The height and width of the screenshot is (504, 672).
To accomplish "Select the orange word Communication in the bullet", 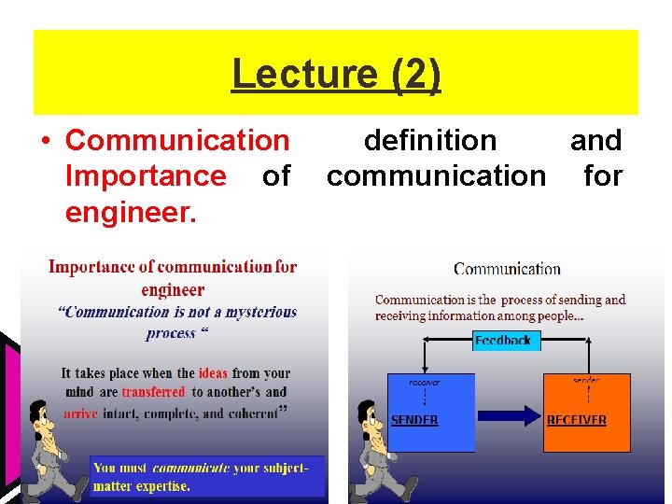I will [x=177, y=140].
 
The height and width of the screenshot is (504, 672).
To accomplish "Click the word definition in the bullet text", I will [x=430, y=140].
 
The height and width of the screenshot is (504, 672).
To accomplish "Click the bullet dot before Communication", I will [x=45, y=141].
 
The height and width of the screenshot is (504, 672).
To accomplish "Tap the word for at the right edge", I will [x=603, y=175].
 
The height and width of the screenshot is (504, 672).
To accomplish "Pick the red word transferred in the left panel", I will [x=154, y=392].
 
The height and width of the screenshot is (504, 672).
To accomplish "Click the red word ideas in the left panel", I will [x=213, y=373].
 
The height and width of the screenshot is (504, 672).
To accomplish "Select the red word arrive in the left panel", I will [x=80, y=413].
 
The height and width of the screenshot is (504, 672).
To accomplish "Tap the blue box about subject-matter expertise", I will [x=207, y=476].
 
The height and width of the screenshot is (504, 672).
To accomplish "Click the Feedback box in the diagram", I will [x=502, y=341].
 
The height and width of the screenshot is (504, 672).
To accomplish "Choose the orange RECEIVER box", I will [x=587, y=413].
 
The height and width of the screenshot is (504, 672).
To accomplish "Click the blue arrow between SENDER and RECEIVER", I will [x=509, y=413].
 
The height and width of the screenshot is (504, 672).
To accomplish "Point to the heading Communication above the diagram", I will [x=507, y=269].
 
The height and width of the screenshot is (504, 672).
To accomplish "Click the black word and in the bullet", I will [x=595, y=140].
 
